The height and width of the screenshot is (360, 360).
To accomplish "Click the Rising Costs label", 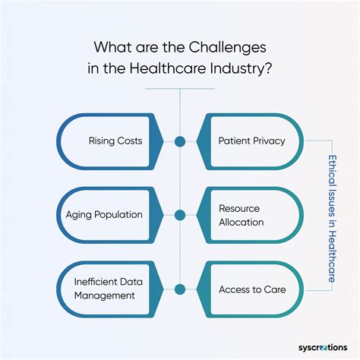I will [x=114, y=141].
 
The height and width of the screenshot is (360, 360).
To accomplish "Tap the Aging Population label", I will [x=109, y=214].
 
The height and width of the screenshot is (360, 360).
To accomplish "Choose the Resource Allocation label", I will [x=241, y=214].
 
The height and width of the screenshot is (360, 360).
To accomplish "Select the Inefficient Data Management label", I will [x=105, y=289].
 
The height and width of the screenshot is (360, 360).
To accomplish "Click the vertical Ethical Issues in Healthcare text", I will [x=332, y=215].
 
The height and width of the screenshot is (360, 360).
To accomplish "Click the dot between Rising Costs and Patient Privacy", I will [x=180, y=141].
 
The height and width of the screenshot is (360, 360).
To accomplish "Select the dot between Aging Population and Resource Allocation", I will [x=180, y=214].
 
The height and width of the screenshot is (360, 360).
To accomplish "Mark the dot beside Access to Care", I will [x=180, y=289].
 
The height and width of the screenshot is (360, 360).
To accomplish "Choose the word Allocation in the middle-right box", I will [x=241, y=222].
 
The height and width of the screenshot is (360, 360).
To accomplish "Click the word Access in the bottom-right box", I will [x=232, y=289].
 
